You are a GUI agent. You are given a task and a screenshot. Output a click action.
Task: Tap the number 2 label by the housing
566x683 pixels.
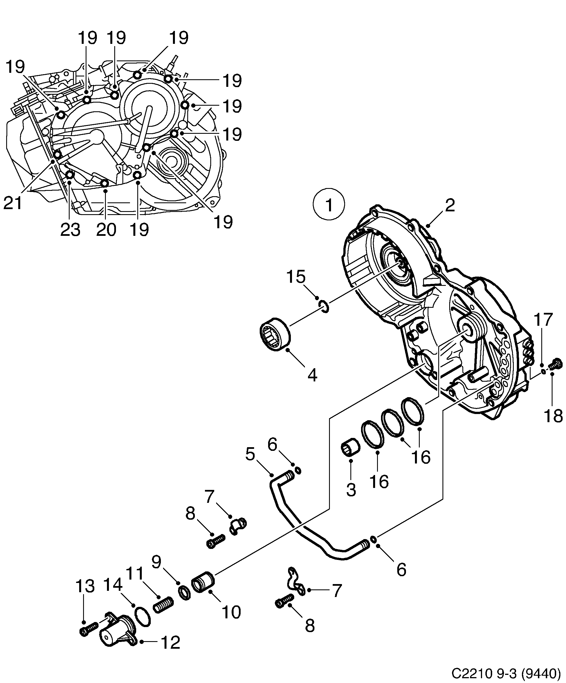pyautogui.click(x=450, y=206)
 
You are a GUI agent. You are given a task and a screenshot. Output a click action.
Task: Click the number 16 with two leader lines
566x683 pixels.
pyautogui.click(x=421, y=457)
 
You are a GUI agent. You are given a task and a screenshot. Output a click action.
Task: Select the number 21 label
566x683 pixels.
pyautogui.click(x=13, y=203)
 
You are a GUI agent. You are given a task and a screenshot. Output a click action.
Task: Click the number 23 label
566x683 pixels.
pyautogui.click(x=70, y=230)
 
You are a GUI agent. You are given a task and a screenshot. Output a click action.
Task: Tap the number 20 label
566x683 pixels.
pyautogui.click(x=106, y=230)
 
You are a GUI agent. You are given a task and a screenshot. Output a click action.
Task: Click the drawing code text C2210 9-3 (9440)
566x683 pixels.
pyautogui.click(x=506, y=672)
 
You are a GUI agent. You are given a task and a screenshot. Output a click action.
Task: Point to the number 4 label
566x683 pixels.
pyautogui.click(x=312, y=376)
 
